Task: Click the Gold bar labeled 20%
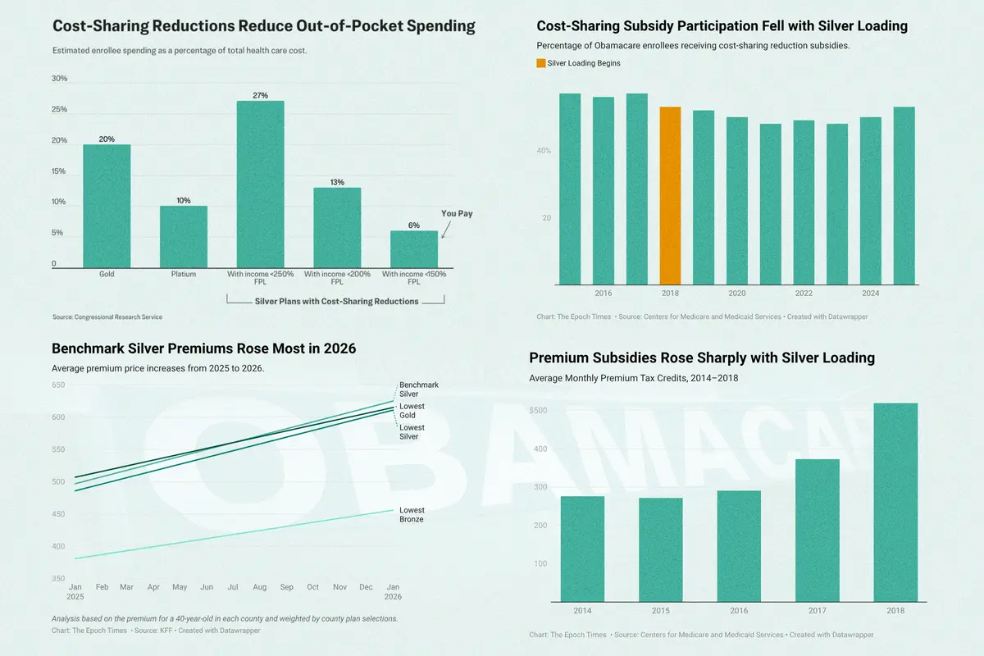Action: (107, 206)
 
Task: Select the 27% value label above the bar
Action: (260, 95)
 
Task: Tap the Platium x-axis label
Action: (184, 274)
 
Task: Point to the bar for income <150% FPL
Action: (414, 249)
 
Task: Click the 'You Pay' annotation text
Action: (457, 214)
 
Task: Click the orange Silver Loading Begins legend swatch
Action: (540, 63)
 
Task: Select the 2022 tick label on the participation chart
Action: (804, 294)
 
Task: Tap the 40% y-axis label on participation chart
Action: (544, 151)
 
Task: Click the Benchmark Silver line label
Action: (419, 389)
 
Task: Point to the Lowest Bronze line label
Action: (412, 515)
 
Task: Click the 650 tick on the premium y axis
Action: (59, 385)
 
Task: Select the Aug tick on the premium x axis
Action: (260, 587)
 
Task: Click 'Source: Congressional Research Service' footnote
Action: (107, 317)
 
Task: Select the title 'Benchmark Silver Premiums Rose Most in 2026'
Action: (203, 348)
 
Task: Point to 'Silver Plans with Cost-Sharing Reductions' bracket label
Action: (337, 301)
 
